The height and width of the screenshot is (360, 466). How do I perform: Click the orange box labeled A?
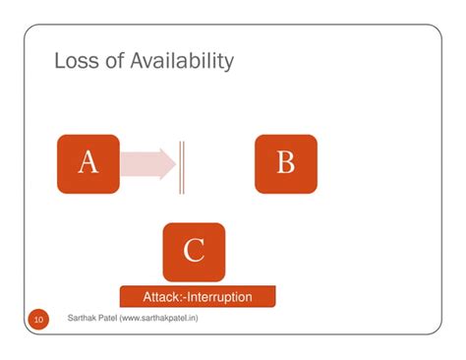(87, 163)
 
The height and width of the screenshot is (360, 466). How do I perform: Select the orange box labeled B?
(285, 163)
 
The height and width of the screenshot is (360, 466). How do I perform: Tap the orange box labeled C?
(194, 252)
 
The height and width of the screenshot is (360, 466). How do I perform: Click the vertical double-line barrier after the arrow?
(181, 164)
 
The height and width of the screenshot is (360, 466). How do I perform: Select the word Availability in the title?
(179, 62)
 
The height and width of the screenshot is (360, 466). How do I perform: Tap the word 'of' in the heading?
(110, 62)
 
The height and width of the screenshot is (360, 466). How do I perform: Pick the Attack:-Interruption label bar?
(198, 296)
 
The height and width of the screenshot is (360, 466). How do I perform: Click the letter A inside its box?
(87, 162)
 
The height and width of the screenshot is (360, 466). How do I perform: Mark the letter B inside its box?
(285, 162)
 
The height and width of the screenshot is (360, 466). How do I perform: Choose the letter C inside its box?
(194, 252)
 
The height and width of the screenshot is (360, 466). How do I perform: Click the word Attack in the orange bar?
(163, 296)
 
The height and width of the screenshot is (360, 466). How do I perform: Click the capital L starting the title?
(60, 62)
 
